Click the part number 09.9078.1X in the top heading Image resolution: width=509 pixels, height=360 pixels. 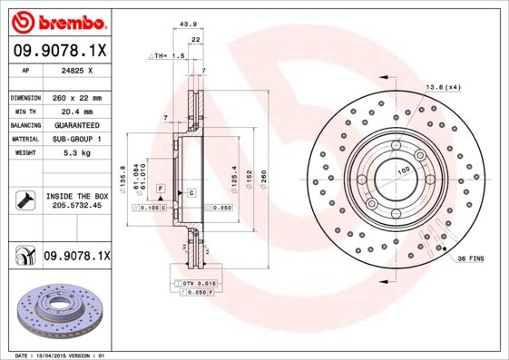(x=60, y=51)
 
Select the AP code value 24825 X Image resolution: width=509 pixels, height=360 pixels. (x=77, y=69)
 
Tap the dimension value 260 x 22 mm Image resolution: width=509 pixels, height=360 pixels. (x=77, y=97)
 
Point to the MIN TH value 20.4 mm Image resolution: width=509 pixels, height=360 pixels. (x=77, y=111)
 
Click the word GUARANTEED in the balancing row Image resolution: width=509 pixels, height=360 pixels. (x=77, y=125)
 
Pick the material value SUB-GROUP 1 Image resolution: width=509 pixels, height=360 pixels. (x=77, y=140)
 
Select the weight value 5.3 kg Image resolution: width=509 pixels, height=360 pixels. (x=77, y=154)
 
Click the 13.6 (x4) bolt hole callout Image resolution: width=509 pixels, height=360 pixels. (x=444, y=87)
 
